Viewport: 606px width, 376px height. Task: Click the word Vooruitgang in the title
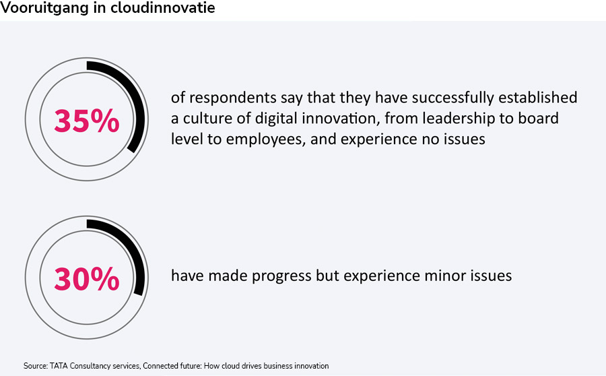tap(44, 7)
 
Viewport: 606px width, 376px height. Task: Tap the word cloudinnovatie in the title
tap(163, 7)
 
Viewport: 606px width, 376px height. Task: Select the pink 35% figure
tap(87, 121)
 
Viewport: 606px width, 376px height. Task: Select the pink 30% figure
tap(87, 278)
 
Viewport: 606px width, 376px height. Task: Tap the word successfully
tap(452, 98)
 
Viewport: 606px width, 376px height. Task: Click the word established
tap(537, 97)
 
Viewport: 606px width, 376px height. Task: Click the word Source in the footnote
tap(36, 366)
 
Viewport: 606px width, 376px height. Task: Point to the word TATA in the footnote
tap(59, 366)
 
